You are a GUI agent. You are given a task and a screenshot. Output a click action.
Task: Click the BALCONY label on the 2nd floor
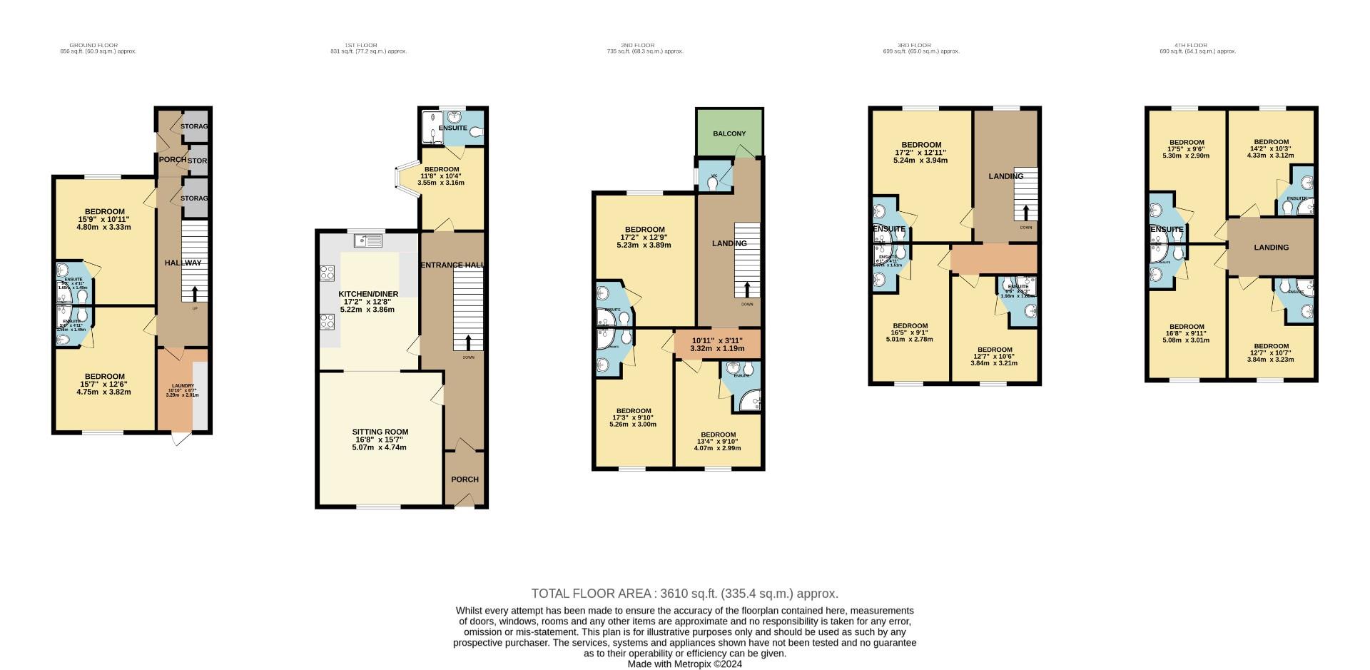click(729, 134)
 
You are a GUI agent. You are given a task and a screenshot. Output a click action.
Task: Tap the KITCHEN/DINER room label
click(367, 294)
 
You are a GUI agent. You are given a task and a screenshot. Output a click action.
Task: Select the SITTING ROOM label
click(380, 432)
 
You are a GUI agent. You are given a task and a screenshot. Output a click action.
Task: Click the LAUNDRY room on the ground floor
click(181, 390)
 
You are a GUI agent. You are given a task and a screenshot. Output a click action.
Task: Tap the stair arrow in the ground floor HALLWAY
click(194, 293)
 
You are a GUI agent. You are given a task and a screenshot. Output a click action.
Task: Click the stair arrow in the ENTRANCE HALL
click(468, 342)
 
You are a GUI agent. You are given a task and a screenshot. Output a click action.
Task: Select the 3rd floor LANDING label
click(1005, 176)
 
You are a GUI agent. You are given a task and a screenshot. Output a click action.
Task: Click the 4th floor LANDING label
click(1271, 248)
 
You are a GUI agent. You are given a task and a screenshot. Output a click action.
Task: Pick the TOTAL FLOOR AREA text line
click(684, 594)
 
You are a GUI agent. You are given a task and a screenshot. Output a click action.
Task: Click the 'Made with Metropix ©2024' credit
click(684, 664)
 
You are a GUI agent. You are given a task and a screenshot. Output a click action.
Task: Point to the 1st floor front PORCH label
click(465, 479)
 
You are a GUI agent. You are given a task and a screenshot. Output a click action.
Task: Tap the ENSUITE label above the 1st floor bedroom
click(452, 128)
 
